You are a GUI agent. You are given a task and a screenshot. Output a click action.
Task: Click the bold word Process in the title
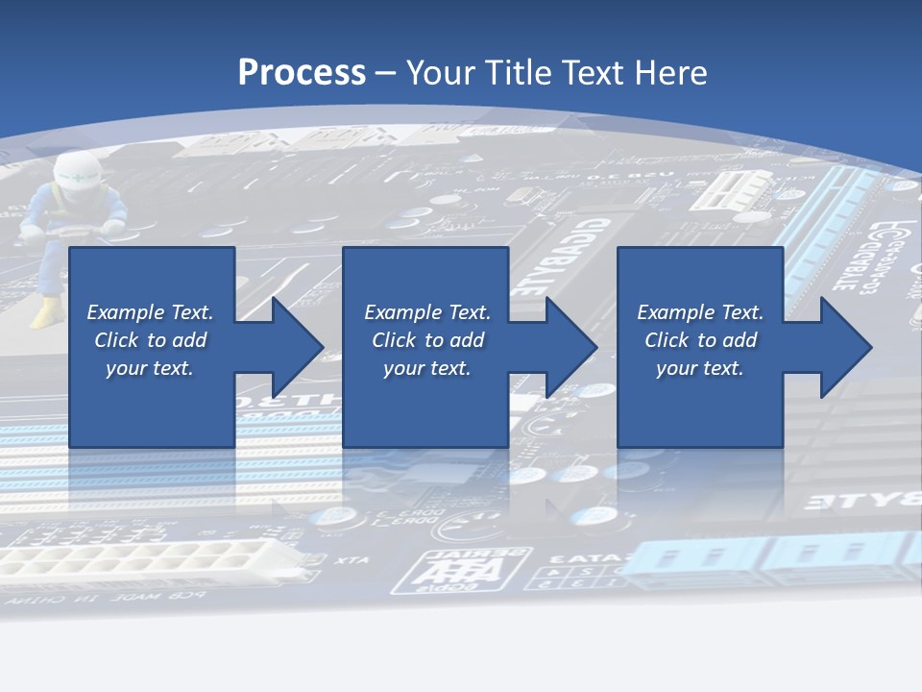click(302, 72)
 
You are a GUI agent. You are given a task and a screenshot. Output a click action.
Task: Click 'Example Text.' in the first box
click(150, 312)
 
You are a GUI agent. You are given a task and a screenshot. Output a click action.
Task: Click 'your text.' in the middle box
click(426, 368)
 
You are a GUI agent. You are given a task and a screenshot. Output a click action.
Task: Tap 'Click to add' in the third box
click(700, 340)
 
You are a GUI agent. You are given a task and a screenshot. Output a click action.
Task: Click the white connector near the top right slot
click(736, 188)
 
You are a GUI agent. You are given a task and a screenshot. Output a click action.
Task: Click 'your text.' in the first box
click(150, 368)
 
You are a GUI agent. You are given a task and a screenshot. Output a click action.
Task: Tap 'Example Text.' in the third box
click(700, 312)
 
